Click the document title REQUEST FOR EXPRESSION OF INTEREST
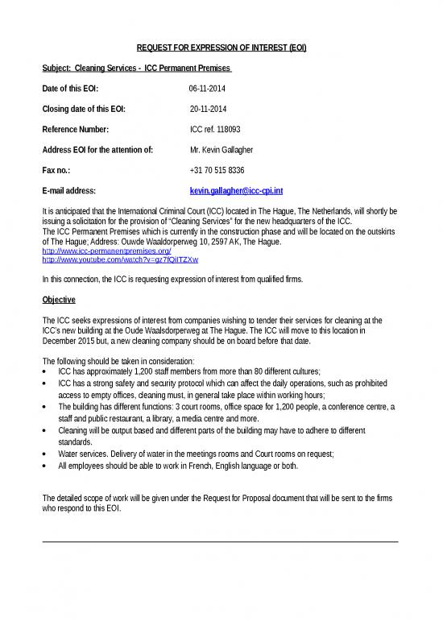[221, 48]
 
